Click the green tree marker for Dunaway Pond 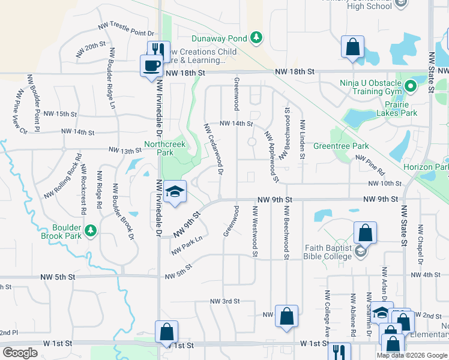tap(256, 38)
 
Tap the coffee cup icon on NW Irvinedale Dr tap(151, 65)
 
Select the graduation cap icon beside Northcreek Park tap(175, 192)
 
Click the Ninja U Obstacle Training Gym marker tap(411, 86)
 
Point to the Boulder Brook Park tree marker tap(91, 230)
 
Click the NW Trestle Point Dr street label tap(127, 31)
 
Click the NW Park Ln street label tap(186, 246)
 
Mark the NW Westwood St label tap(255, 232)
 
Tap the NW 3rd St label tap(225, 301)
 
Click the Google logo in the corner tap(20, 353)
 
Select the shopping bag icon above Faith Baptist tap(364, 233)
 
